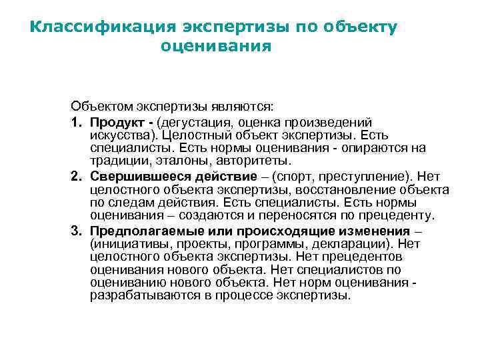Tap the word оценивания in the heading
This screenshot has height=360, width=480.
216,47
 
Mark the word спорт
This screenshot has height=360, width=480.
290,176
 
